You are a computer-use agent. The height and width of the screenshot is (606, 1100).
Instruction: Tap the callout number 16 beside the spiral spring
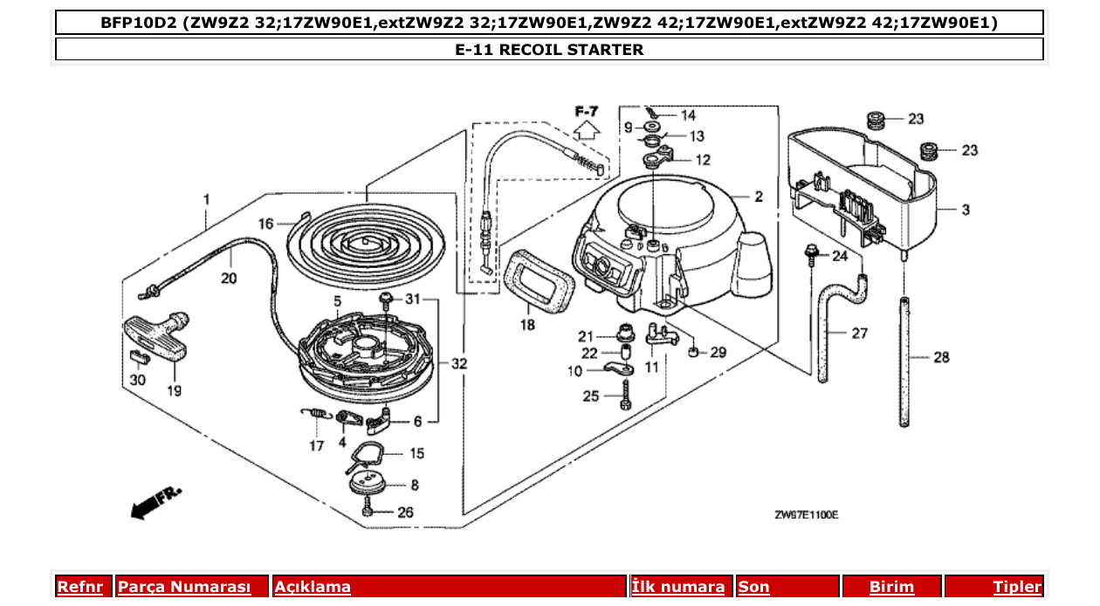click(265, 224)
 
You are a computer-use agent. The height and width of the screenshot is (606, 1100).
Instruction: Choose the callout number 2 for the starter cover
click(759, 197)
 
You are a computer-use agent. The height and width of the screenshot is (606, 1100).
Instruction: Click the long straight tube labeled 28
click(905, 362)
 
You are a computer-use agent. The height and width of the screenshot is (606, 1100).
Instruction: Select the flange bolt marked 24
click(811, 255)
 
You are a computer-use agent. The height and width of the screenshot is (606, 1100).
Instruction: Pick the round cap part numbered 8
click(369, 482)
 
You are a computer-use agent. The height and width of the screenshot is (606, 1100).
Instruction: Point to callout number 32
click(458, 363)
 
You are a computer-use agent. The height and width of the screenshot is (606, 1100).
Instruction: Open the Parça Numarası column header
click(184, 587)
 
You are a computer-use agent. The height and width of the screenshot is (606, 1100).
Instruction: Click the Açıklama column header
click(313, 587)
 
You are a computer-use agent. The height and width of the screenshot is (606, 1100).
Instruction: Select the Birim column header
click(891, 587)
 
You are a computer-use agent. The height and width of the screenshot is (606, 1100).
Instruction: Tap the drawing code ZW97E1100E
click(806, 515)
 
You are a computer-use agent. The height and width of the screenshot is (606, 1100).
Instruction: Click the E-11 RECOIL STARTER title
click(549, 50)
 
